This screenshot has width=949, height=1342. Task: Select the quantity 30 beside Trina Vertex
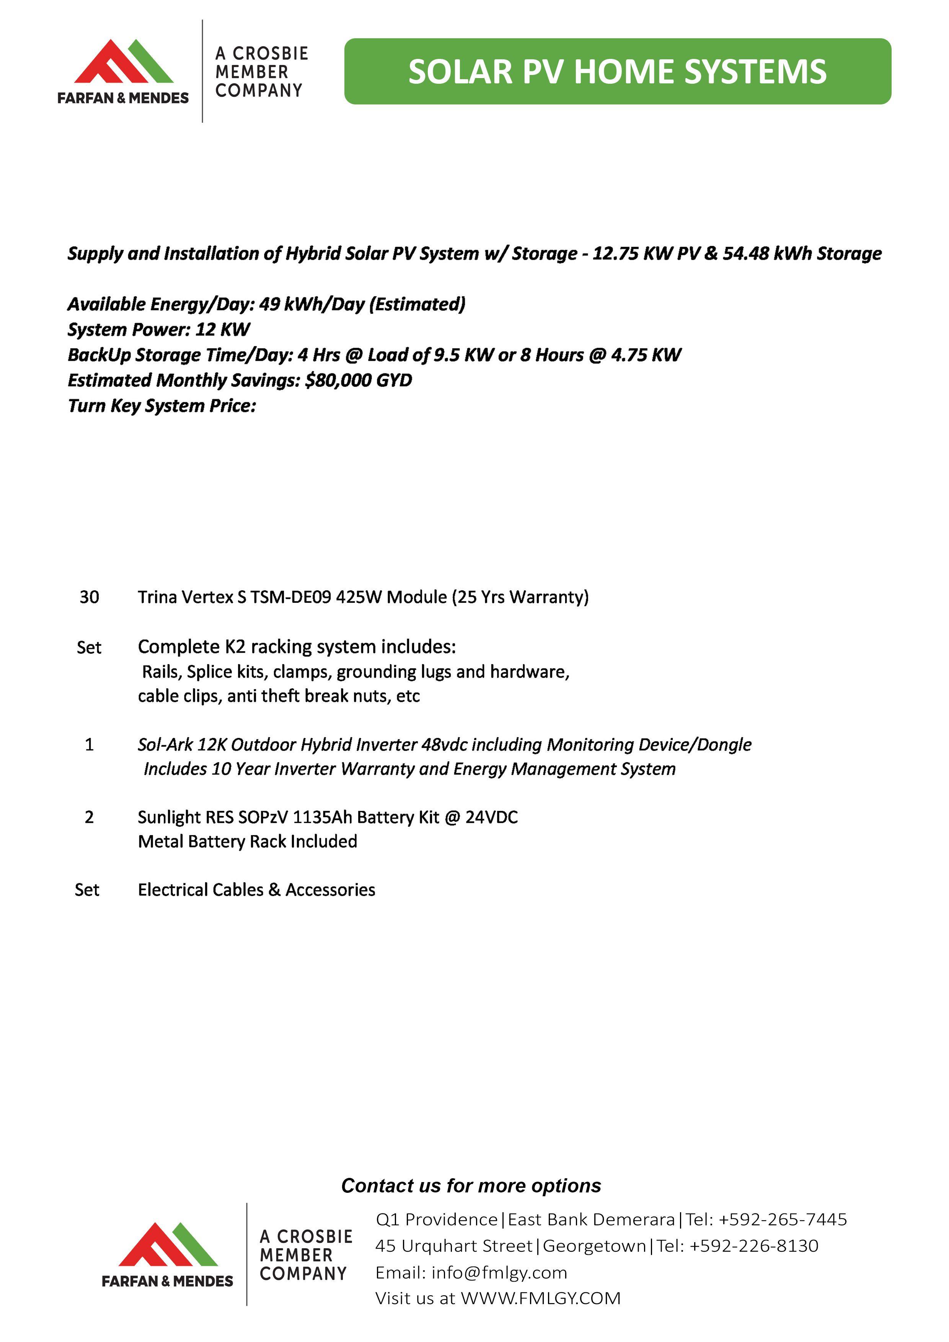tap(90, 597)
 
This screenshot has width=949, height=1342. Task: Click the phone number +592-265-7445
tap(783, 1219)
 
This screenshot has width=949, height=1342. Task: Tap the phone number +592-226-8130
tap(754, 1246)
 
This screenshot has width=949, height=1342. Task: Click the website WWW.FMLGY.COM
tap(540, 1298)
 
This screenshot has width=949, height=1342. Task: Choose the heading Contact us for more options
tap(471, 1186)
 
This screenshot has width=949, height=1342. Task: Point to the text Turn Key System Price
tap(162, 406)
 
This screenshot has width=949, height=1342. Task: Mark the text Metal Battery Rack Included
tap(247, 842)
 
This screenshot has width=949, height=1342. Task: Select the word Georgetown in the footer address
tap(594, 1246)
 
